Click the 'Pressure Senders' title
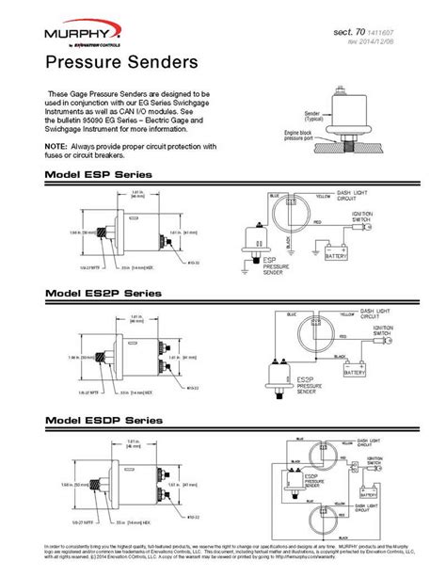click(x=108, y=62)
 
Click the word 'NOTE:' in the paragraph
click(x=55, y=146)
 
